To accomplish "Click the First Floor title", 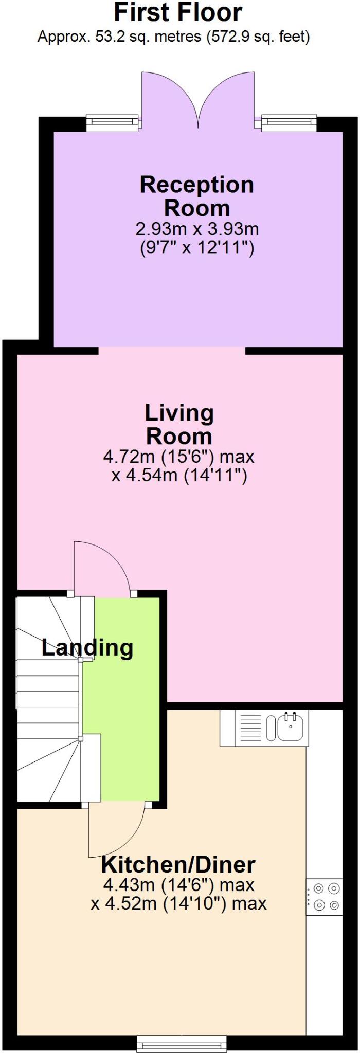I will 178,13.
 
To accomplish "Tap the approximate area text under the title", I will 174,37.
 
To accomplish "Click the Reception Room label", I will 196,196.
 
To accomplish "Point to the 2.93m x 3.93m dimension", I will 197,228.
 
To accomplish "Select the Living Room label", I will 179,424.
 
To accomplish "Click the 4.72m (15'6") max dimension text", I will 179,456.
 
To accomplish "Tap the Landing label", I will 87,647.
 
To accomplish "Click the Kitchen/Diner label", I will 178,865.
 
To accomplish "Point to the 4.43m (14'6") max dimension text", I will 179,885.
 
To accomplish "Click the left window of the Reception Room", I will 112,122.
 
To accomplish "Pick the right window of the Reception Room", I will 289,122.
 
